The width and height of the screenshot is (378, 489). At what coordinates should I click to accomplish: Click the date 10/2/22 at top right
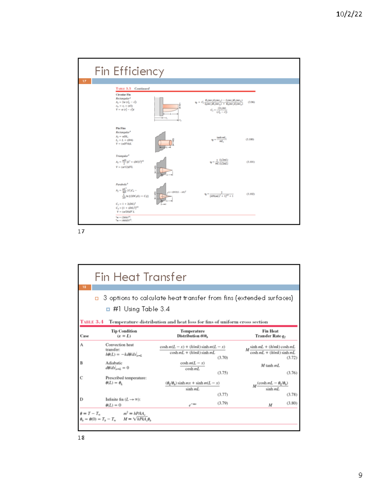pos(349,14)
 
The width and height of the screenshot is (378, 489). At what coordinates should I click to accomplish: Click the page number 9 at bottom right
pos(360,475)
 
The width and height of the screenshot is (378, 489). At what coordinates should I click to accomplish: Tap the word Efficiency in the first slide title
pos(139,71)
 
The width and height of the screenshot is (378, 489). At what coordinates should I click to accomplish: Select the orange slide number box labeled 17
pos(85,81)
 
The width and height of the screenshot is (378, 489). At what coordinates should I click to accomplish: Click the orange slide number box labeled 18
pos(85,287)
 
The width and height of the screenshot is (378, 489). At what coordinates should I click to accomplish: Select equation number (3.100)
pos(250,139)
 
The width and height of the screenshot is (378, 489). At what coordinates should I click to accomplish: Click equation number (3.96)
pos(251,102)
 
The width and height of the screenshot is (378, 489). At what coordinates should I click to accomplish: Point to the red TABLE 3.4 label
pos(92,322)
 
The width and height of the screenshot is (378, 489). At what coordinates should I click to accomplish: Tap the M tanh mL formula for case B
pos(270,366)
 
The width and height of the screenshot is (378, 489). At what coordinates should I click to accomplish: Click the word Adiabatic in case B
pos(114,363)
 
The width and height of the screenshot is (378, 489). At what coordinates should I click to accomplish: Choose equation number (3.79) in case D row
pos(222,403)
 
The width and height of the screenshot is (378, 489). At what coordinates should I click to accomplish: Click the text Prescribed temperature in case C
pos(126,378)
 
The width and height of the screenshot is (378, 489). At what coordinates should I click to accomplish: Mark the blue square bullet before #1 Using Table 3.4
pos(108,309)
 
